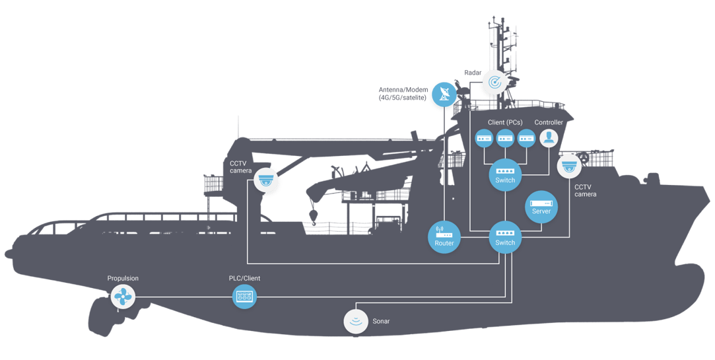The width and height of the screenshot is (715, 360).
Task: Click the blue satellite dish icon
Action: [x=444, y=94]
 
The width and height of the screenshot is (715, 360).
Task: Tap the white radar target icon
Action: [x=494, y=82]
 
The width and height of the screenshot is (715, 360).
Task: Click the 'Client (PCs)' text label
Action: [x=505, y=123]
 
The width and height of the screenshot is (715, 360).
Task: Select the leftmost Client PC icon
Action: [x=485, y=138]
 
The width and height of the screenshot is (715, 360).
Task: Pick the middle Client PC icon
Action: [x=505, y=138]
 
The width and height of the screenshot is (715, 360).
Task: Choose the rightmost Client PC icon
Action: [x=526, y=138]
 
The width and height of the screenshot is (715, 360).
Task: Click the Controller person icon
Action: [x=549, y=138]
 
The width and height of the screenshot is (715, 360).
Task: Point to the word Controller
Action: [x=549, y=123]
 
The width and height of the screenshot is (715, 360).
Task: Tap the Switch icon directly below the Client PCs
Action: [x=505, y=175]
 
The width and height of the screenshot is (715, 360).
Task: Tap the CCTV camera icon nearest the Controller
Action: [x=569, y=166]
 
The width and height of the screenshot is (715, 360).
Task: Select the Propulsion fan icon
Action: [x=123, y=297]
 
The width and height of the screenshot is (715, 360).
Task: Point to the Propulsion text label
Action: [x=123, y=279]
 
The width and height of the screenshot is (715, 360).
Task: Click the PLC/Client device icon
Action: [x=244, y=297]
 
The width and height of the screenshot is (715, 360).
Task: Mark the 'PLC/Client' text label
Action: [x=244, y=279]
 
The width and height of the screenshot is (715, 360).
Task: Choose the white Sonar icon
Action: [x=356, y=321]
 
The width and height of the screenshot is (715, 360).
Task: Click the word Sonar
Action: [x=381, y=321]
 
